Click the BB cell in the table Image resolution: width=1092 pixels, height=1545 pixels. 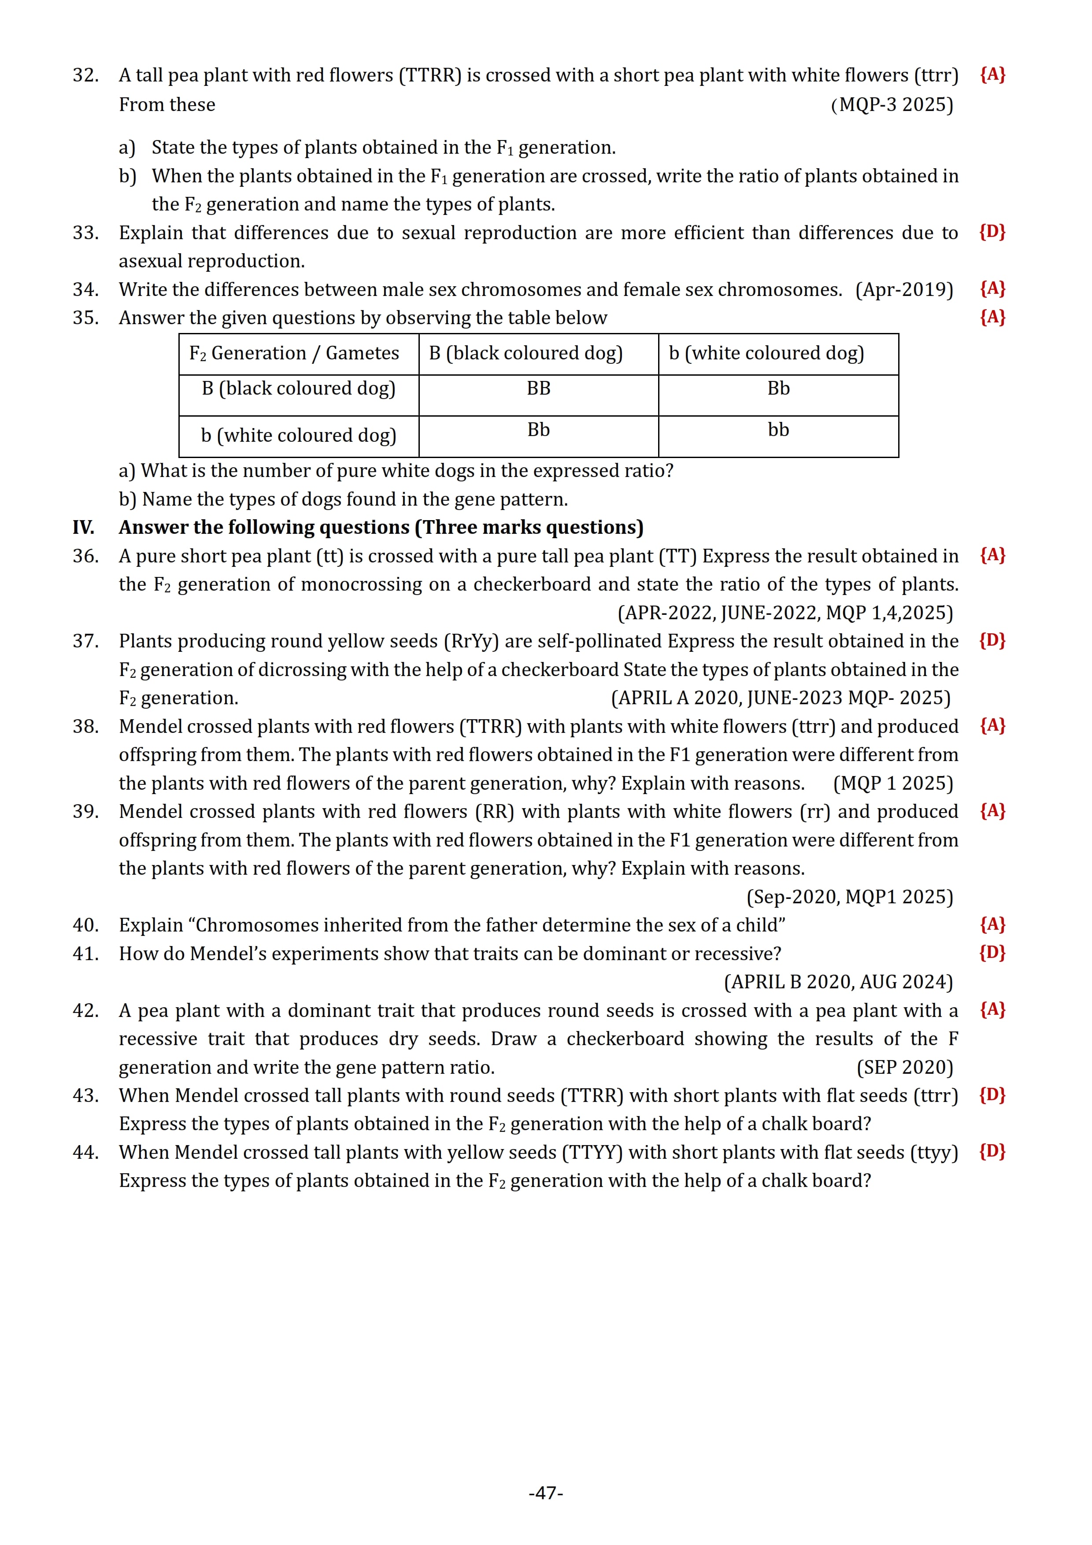[538, 388]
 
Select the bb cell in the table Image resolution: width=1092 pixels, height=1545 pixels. [778, 429]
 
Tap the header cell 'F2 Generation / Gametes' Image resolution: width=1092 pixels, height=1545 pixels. [294, 353]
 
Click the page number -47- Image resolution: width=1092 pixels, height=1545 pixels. [546, 1493]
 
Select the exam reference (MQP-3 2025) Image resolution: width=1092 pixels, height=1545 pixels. [892, 104]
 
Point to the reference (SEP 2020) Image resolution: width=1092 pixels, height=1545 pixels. [905, 1067]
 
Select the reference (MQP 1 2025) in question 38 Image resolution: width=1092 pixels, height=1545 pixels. [893, 783]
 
